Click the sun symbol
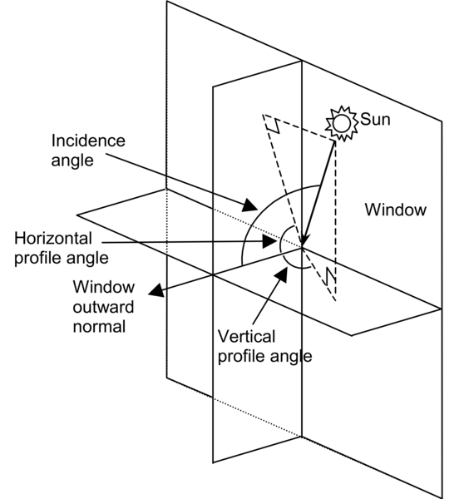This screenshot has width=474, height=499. coord(339,122)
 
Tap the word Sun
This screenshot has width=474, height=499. coord(374,120)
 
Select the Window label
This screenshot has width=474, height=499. coord(395,210)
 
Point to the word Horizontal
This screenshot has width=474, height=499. coord(52,238)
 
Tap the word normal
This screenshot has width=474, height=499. coord(98,326)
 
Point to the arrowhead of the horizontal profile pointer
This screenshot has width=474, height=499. coord(270,242)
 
